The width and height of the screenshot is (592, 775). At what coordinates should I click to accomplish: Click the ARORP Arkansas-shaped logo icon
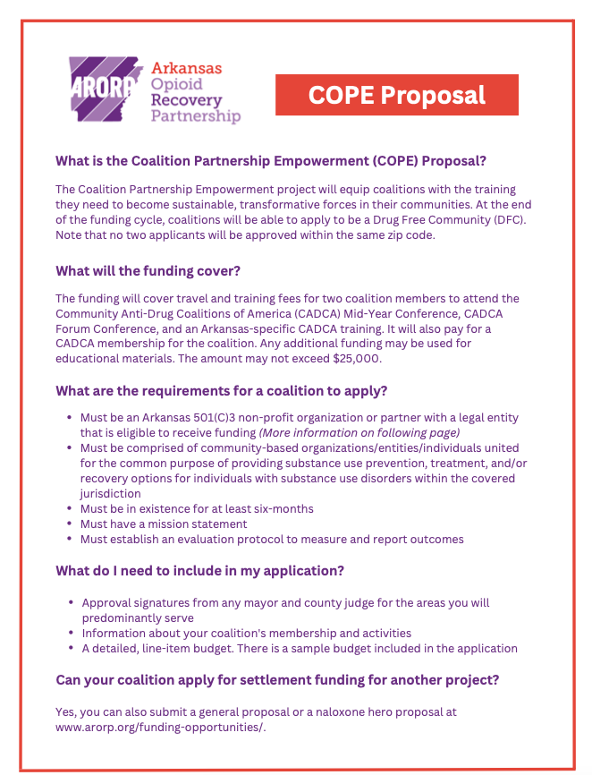(105, 89)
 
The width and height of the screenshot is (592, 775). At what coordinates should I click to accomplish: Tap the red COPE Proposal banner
(396, 95)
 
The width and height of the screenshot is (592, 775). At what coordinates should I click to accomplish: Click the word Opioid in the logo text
(177, 84)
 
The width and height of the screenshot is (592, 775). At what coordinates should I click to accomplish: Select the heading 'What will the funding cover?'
(148, 271)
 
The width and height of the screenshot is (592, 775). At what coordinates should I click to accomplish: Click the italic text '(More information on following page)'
(360, 432)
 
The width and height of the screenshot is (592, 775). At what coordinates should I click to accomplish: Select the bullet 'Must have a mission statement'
(164, 524)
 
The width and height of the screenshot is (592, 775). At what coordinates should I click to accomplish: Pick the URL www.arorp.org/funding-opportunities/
(161, 727)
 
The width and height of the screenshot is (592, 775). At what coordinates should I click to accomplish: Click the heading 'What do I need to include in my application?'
(200, 571)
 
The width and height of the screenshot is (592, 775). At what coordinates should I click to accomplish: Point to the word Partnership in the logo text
(196, 116)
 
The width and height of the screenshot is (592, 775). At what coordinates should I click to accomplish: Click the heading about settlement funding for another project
(276, 680)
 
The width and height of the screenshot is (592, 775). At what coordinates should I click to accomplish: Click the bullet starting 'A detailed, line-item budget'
(300, 648)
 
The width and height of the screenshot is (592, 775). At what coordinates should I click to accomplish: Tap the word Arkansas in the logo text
(187, 68)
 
